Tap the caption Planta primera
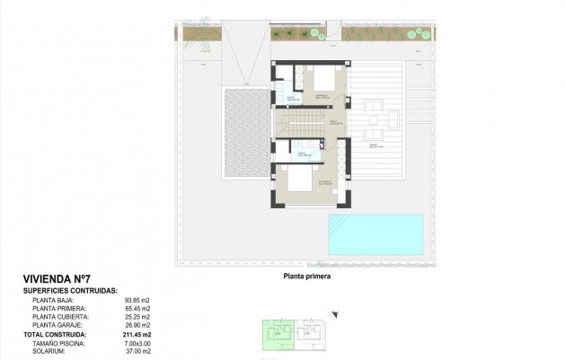point(307,277)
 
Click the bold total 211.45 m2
point(121,334)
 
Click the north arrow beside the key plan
point(335,313)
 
